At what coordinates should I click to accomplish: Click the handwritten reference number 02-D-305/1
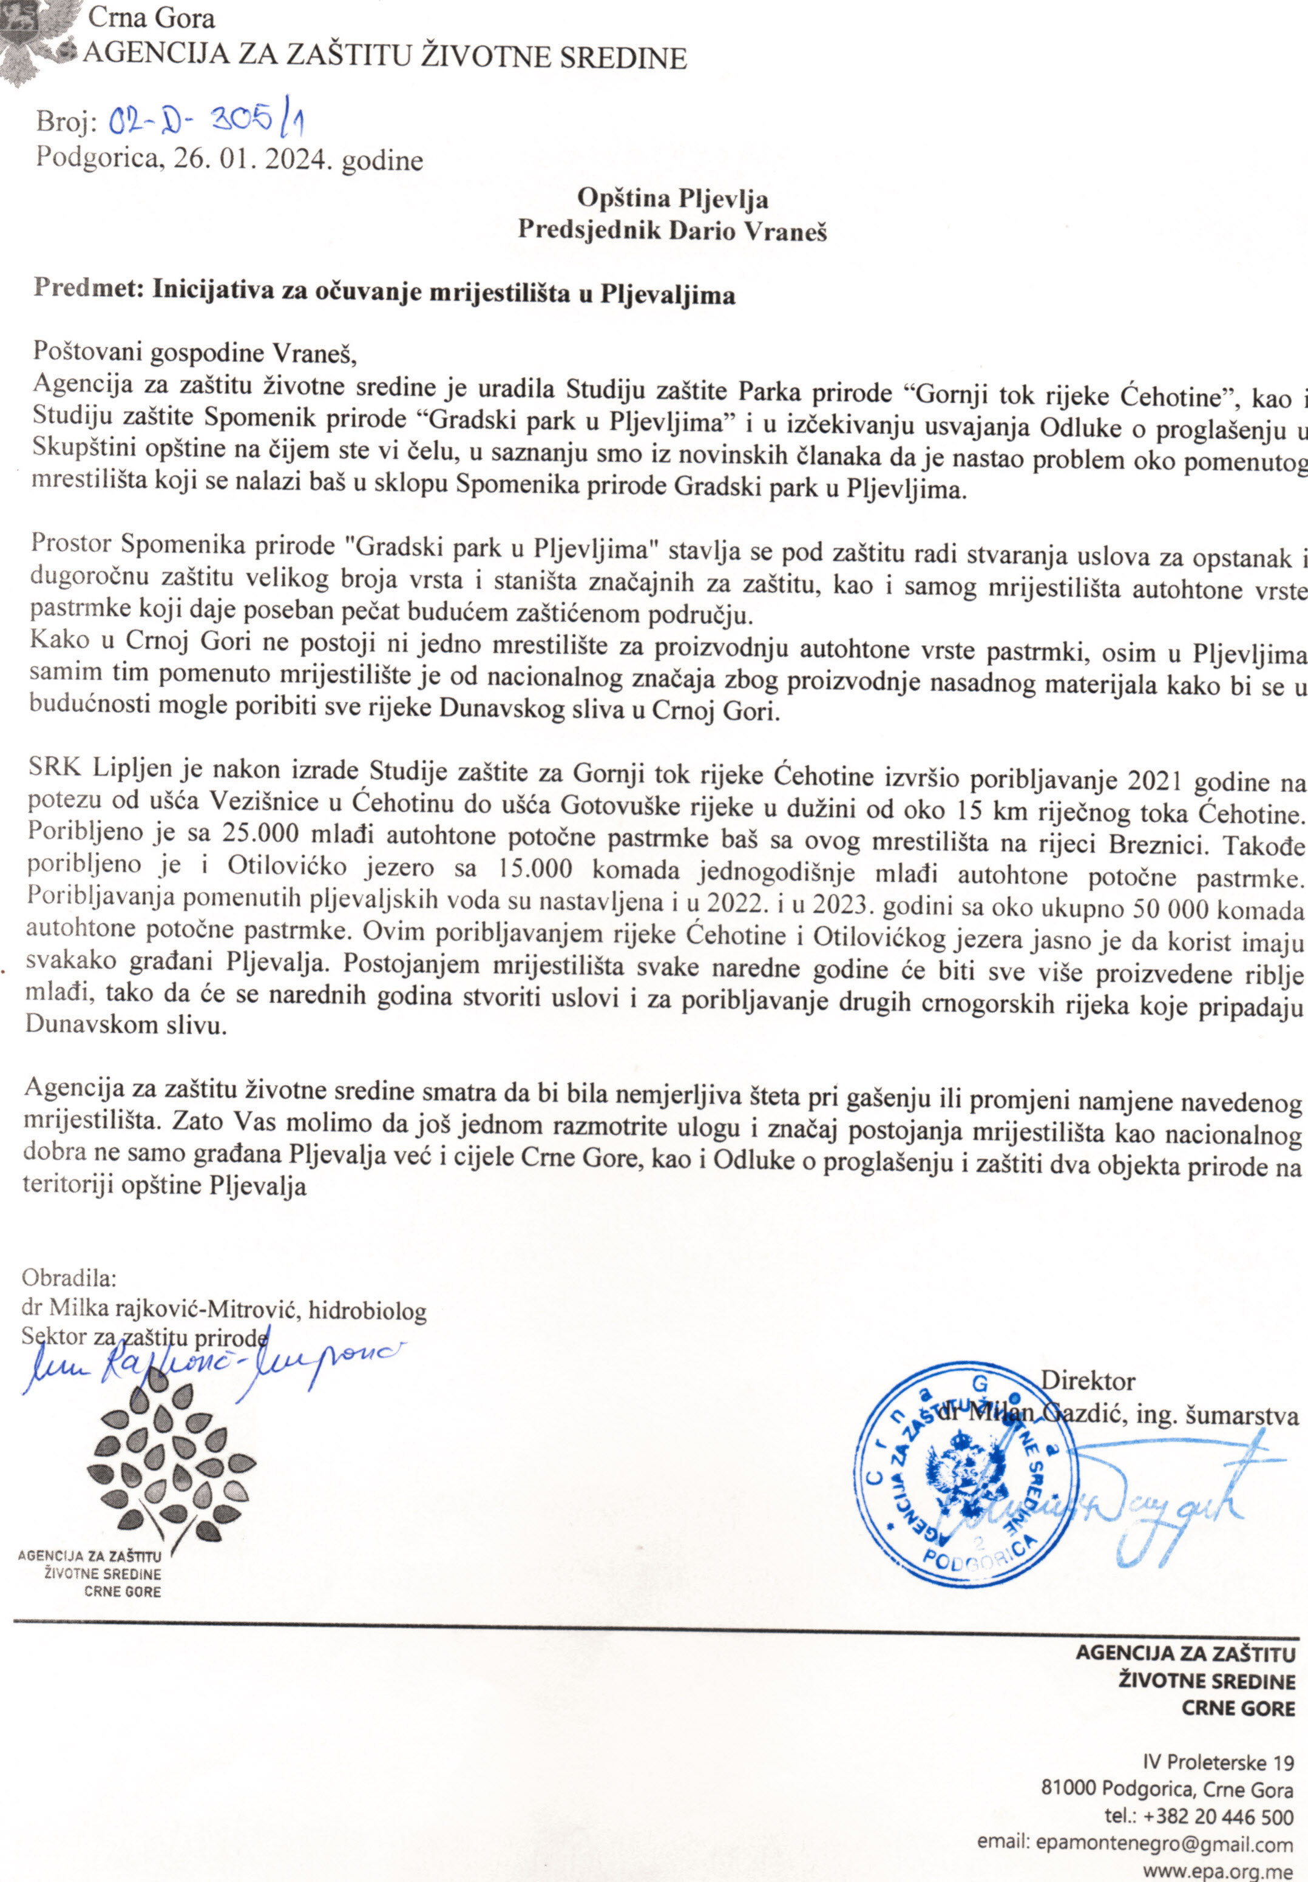[x=208, y=124]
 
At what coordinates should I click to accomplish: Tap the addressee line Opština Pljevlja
[x=672, y=198]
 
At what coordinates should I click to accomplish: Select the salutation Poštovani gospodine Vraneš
[x=195, y=353]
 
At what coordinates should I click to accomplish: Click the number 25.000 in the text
[x=254, y=836]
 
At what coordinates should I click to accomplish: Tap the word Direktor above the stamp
[x=1088, y=1381]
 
